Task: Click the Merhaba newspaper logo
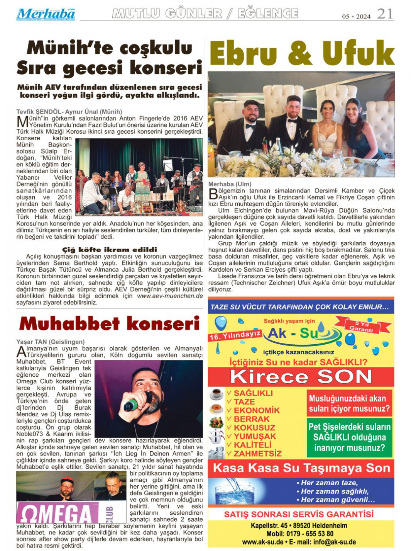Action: click(46, 15)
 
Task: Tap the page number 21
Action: click(385, 14)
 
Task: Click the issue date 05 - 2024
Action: click(356, 16)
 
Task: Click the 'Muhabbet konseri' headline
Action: click(110, 324)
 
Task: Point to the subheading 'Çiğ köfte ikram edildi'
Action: click(110, 250)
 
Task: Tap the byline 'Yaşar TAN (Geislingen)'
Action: click(50, 342)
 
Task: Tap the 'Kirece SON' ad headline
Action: click(301, 376)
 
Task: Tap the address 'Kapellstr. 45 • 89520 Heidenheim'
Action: click(299, 525)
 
